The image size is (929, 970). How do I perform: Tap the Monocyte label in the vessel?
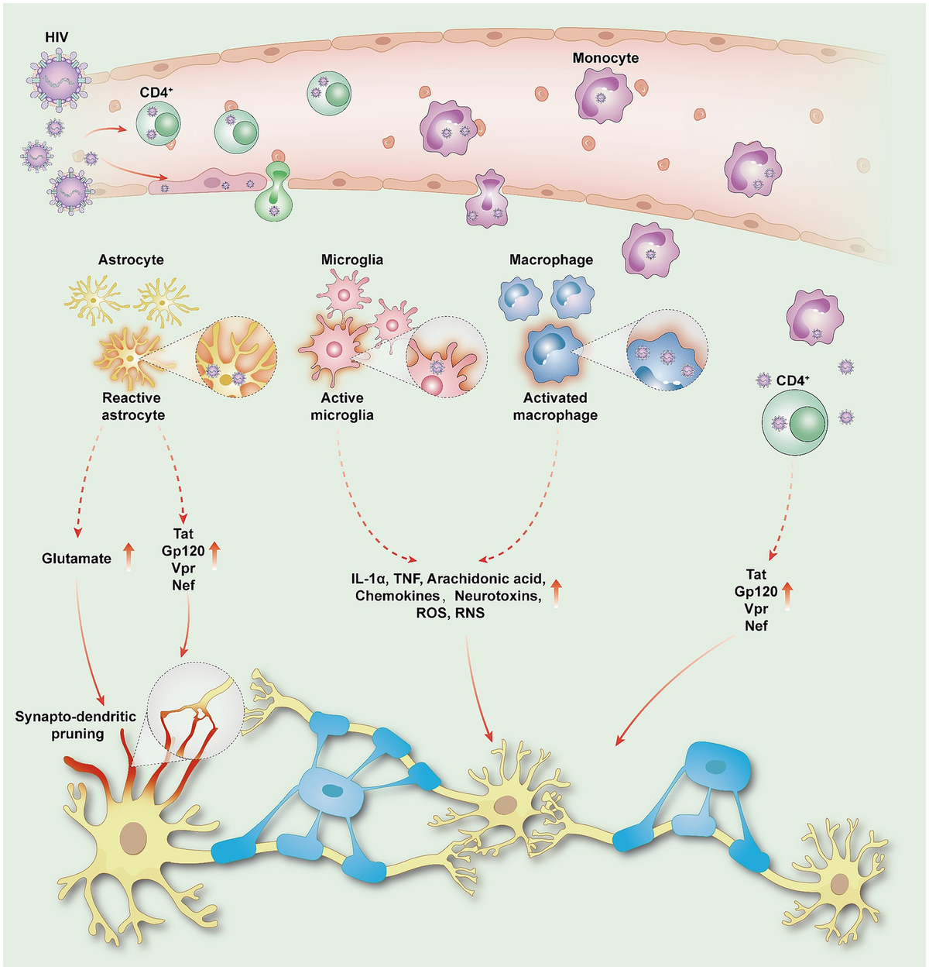click(605, 58)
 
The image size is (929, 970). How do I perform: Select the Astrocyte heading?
click(131, 260)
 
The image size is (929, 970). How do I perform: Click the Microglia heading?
click(352, 260)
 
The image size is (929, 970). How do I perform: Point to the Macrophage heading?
click(551, 260)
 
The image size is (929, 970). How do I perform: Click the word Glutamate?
click(77, 558)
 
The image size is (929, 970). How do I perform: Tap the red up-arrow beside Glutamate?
click(129, 557)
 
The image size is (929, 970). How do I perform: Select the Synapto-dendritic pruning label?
click(76, 725)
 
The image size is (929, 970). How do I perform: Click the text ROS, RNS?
click(450, 613)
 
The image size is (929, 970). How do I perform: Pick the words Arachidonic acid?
click(486, 579)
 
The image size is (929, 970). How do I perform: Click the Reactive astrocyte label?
click(133, 407)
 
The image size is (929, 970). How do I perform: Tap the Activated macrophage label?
click(555, 407)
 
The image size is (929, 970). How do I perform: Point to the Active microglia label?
click(342, 407)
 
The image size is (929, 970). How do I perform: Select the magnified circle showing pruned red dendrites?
click(194, 709)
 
